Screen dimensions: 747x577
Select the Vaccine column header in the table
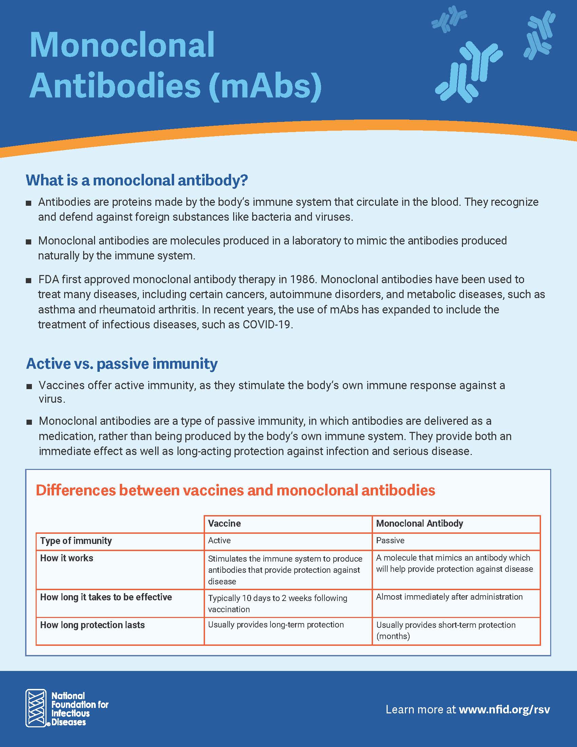(224, 523)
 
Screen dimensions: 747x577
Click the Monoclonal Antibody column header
(420, 523)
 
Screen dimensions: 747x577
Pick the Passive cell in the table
(390, 541)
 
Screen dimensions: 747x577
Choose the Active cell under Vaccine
(219, 541)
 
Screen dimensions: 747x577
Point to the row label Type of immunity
(76, 541)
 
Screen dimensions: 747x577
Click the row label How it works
(67, 558)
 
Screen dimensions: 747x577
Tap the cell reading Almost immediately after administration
(449, 597)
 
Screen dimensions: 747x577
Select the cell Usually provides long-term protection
(276, 624)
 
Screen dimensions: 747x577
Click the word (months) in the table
(393, 636)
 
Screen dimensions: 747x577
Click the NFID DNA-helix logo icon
(36, 708)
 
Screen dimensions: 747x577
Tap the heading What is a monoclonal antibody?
(137, 180)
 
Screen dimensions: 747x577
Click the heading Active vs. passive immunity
(122, 364)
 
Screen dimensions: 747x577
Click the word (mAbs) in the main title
(265, 85)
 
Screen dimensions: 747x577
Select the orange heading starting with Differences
(235, 490)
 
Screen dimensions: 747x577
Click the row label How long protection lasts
(92, 625)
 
